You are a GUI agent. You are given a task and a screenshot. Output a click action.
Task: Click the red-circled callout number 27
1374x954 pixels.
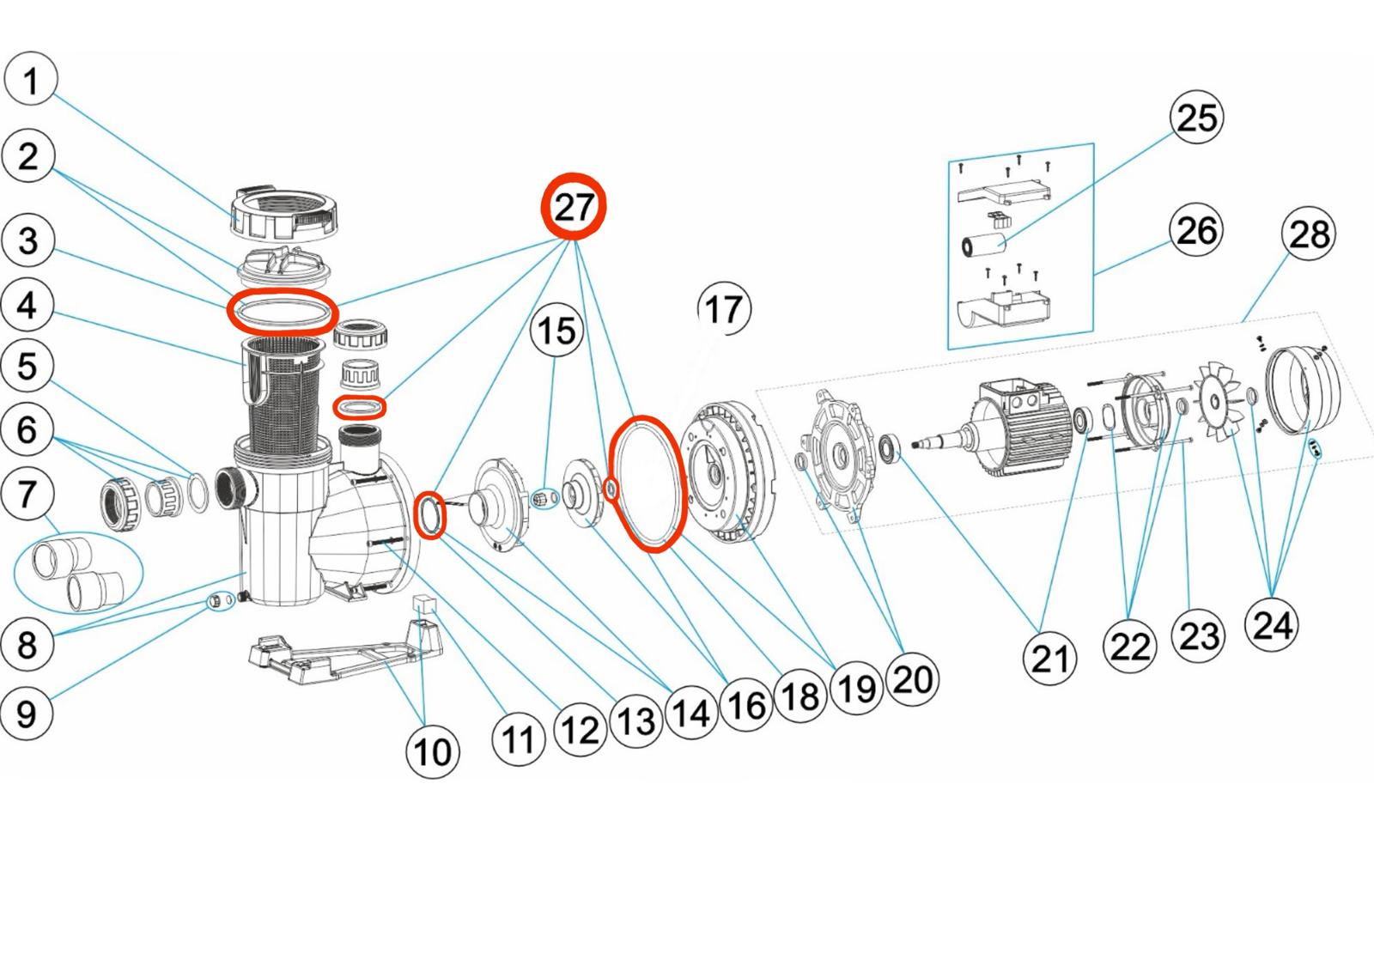pos(574,207)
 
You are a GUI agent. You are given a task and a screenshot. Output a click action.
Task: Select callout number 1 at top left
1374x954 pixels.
pos(31,80)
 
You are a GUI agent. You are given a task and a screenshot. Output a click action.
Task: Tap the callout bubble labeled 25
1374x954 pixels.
pos(1196,118)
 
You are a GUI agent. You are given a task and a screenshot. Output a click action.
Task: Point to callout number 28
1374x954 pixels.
pos(1308,234)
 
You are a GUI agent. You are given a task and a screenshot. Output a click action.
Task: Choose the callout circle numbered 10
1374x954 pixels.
pos(432,751)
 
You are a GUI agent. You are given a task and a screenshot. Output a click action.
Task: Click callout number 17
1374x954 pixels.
pos(724,309)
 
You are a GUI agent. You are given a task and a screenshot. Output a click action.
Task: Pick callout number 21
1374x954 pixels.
pos(1049,659)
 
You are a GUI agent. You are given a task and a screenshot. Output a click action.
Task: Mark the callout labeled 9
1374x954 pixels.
pos(27,713)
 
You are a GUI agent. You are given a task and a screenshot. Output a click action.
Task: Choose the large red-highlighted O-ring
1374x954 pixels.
pos(648,483)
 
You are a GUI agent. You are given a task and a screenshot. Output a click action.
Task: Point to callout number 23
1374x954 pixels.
pos(1199,636)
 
